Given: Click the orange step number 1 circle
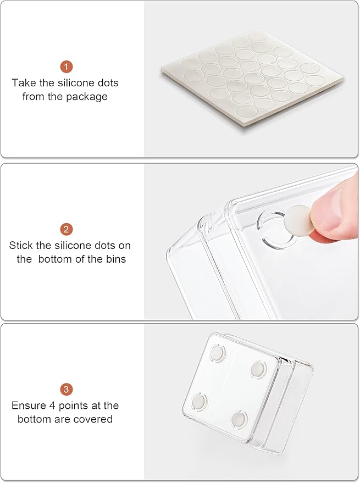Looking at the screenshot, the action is pos(67,66).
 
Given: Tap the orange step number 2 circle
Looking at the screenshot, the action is pos(67,229).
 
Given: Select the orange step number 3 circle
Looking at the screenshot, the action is pos(67,390).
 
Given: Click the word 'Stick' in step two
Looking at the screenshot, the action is pos(21,246).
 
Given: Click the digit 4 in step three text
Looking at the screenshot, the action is pos(52,406).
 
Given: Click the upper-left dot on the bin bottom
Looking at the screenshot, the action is pos(217,353).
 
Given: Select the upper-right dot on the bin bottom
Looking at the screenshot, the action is pos(258,370).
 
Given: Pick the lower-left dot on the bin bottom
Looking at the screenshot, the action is pos(198,402).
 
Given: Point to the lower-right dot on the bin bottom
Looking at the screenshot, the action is pos(239,418).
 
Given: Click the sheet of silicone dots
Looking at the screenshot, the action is pos(252,78).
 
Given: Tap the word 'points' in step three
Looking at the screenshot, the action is pos(73,406).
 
